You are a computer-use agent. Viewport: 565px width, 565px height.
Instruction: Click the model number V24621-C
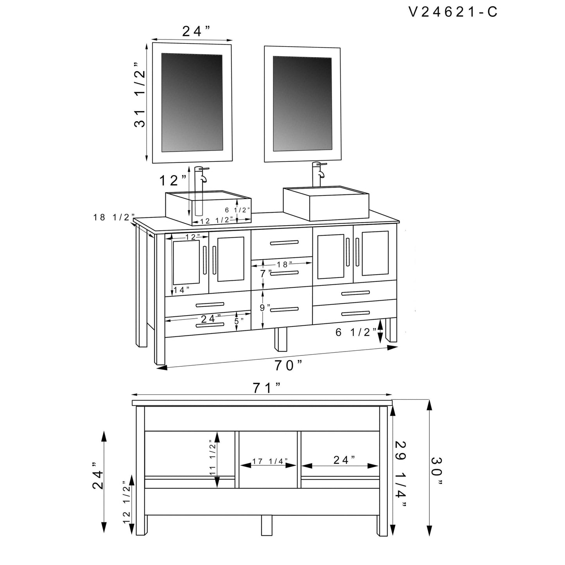point(453,12)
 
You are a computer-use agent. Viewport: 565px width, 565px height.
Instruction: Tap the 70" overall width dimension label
point(288,365)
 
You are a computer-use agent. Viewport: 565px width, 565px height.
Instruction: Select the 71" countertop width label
point(267,389)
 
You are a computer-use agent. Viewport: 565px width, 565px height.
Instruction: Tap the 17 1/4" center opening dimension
point(268,461)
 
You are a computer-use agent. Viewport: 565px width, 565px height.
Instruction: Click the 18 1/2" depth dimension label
point(114,217)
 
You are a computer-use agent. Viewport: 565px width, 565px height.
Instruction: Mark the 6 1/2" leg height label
point(356,332)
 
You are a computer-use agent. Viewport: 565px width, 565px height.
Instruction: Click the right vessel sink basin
point(326,203)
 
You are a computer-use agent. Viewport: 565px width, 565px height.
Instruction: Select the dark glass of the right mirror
point(302,104)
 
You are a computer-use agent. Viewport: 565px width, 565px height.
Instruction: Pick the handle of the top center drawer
point(284,242)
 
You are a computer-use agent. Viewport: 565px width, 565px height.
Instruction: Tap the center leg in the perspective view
point(281,339)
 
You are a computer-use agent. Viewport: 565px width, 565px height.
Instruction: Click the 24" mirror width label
point(196,31)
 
